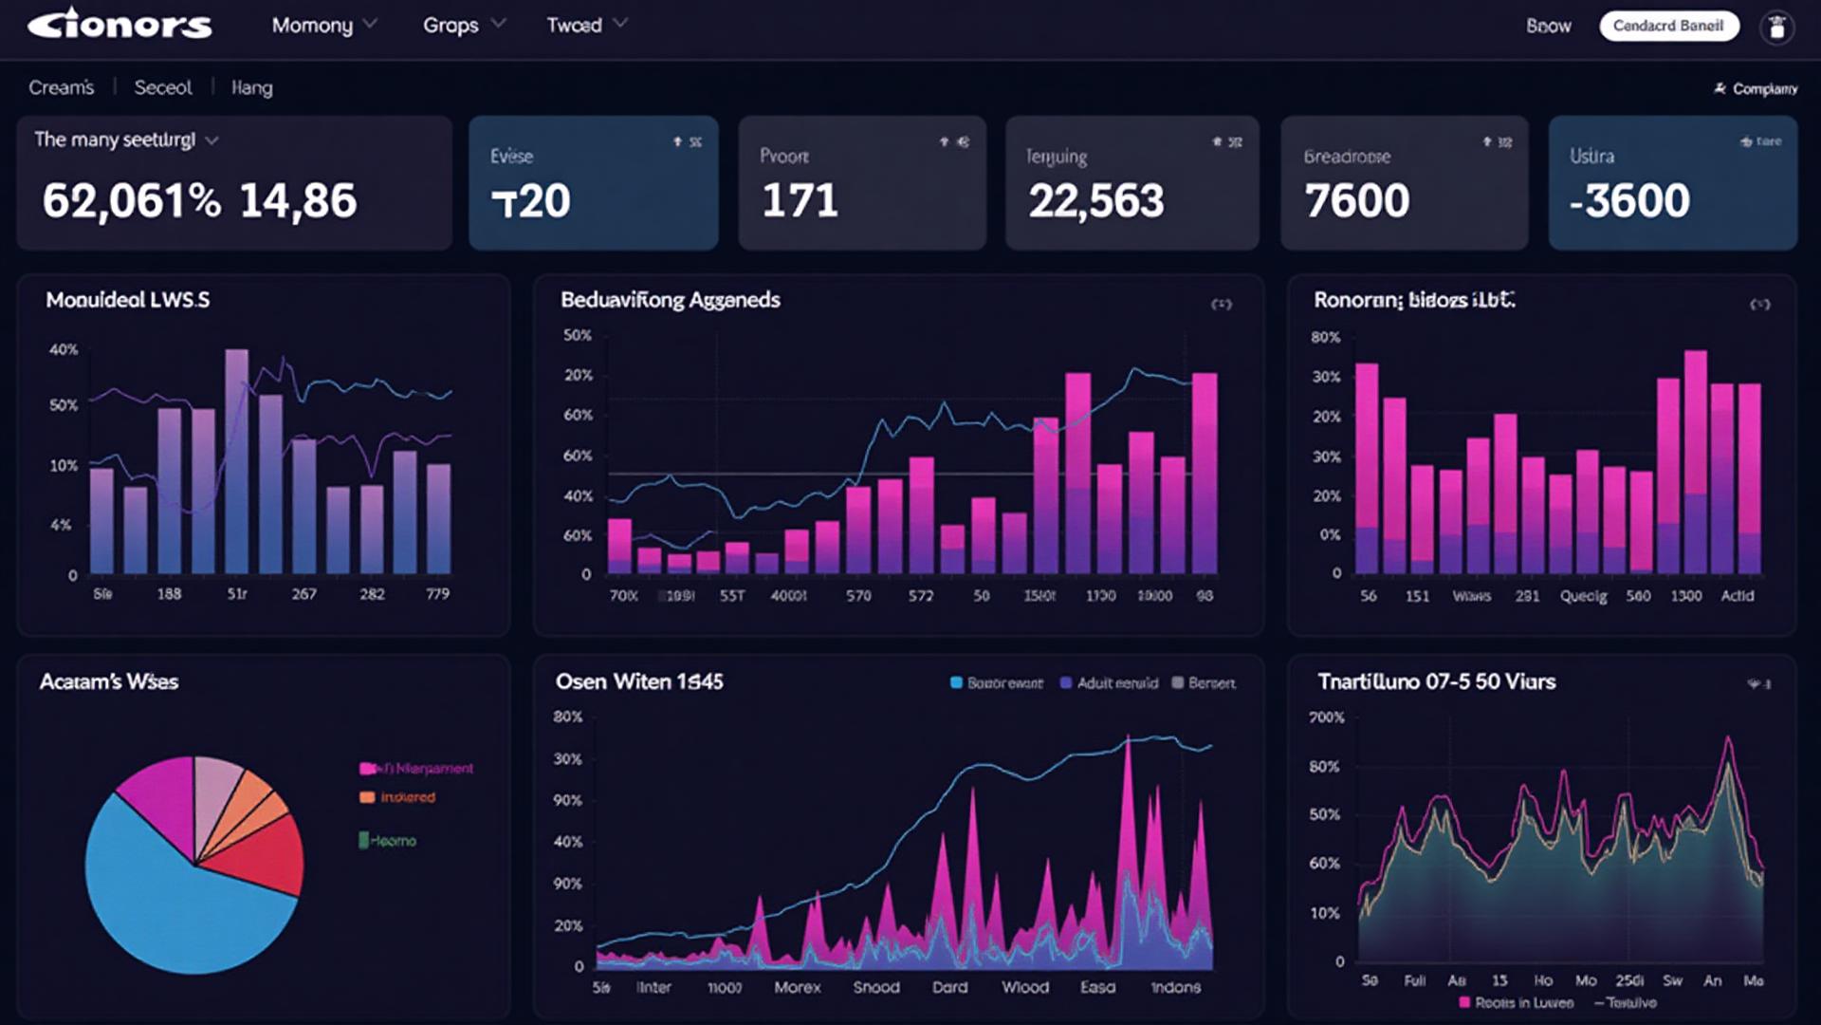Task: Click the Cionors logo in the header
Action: [x=120, y=25]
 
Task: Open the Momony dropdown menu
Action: [x=323, y=26]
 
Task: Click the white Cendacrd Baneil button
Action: [x=1668, y=26]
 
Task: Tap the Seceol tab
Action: [x=163, y=88]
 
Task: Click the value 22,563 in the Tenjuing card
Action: [x=1095, y=201]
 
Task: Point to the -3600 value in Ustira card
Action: [x=1629, y=201]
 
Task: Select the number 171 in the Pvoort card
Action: [x=800, y=201]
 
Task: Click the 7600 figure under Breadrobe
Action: [x=1356, y=201]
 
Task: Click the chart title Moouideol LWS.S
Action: [x=128, y=301]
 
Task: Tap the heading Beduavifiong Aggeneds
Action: [x=670, y=301]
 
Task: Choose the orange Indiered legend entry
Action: [x=397, y=797]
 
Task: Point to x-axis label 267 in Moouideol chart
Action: [x=303, y=594]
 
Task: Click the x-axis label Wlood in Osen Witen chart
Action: [x=1025, y=988]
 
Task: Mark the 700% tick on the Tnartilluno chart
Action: [x=1326, y=717]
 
